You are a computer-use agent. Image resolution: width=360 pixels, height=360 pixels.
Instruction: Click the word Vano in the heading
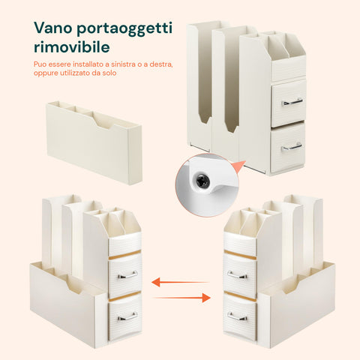pyautogui.click(x=56, y=28)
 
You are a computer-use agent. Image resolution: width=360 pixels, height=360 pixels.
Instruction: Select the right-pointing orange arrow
pyautogui.click(x=192, y=298)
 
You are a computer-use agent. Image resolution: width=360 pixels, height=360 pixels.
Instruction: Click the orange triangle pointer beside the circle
pyautogui.click(x=238, y=166)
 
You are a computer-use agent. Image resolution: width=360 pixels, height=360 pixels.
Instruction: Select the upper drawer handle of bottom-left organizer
pyautogui.click(x=127, y=275)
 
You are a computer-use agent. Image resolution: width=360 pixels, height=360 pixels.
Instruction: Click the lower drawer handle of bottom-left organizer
pyautogui.click(x=127, y=318)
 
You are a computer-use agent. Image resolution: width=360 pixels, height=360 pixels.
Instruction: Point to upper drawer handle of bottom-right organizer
pyautogui.click(x=238, y=275)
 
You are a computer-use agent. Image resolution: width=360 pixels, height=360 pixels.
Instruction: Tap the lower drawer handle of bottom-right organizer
pyautogui.click(x=238, y=318)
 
